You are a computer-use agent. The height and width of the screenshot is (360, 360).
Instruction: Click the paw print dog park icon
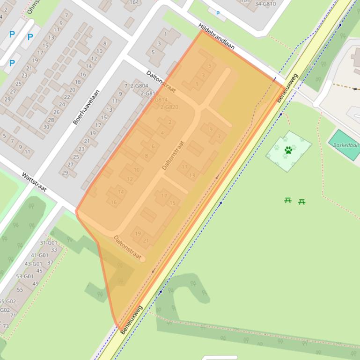coord(288,150)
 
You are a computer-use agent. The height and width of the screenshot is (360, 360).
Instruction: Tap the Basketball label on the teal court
coord(346,145)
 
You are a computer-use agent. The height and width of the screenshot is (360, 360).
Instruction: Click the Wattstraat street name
coord(34,182)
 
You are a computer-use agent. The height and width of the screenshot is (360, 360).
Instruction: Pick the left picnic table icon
coord(288,201)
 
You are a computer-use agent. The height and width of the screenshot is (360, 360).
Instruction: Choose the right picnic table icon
coord(302,202)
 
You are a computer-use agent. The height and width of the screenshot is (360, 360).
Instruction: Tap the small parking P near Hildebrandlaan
coord(218,14)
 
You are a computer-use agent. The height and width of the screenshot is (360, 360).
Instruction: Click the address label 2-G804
coord(139,86)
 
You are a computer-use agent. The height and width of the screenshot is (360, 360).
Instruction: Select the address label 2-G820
coord(169,107)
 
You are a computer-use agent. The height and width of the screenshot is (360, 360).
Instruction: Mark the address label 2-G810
coord(149,94)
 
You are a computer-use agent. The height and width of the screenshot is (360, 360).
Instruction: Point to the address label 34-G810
coord(265,4)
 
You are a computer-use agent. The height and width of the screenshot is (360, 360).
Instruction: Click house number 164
coord(134,2)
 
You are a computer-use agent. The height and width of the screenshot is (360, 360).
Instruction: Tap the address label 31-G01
coord(48,243)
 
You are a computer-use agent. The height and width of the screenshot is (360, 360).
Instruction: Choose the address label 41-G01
coord(40,255)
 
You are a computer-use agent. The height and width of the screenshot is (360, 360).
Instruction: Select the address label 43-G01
coord(33,264)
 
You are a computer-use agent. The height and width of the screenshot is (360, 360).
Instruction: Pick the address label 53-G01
coord(25,276)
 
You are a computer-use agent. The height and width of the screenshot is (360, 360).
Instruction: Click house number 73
coord(6,326)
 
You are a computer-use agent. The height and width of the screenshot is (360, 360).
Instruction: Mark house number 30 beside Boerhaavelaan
coord(46,127)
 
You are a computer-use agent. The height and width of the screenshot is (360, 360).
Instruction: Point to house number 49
coord(36,284)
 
